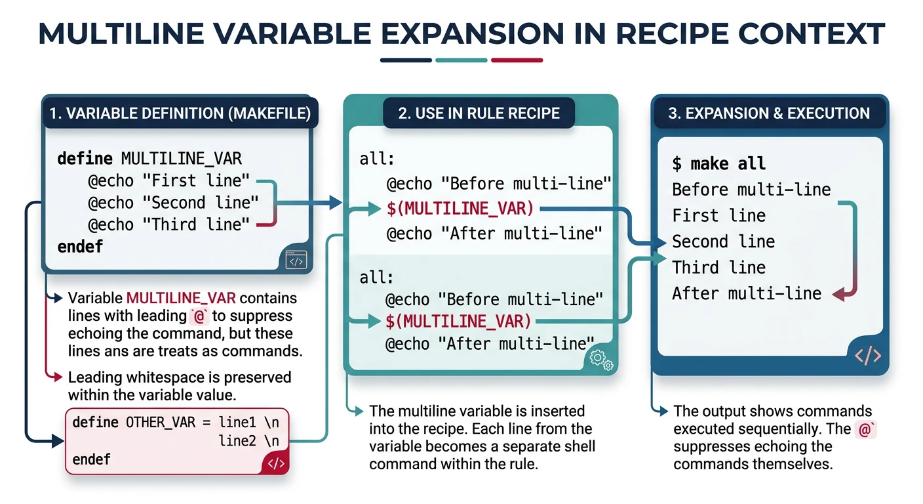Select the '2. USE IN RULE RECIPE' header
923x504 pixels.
(x=479, y=114)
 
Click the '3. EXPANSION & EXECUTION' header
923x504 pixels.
(x=769, y=114)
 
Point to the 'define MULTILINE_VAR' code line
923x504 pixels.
(x=149, y=158)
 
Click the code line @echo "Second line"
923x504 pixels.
(x=174, y=202)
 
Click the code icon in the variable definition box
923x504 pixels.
(x=296, y=261)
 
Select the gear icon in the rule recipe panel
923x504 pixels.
(x=601, y=359)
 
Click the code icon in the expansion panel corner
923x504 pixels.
(x=868, y=356)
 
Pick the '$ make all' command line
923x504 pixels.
(x=718, y=163)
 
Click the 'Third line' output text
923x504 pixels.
(x=718, y=267)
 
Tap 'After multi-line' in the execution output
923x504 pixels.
(x=746, y=293)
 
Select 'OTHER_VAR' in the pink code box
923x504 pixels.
(x=160, y=422)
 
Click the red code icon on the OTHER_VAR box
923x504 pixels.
(x=276, y=463)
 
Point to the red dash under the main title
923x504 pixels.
(x=517, y=60)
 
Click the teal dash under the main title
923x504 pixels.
(x=461, y=60)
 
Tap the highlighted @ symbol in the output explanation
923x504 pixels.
(x=865, y=430)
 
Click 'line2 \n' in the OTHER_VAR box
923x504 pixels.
(x=249, y=440)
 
